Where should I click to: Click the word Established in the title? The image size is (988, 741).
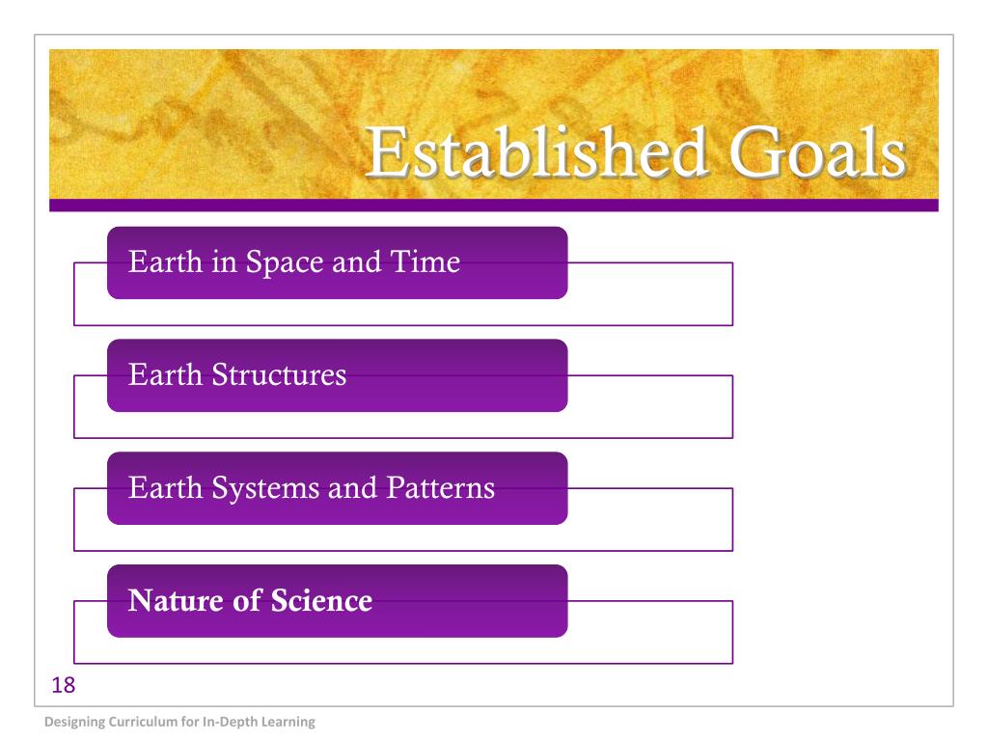pos(536,151)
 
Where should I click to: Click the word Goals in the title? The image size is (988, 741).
pos(818,151)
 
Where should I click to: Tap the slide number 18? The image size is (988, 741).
pos(63,685)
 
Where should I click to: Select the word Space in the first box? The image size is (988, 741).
pos(284,262)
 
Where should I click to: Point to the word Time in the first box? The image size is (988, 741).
pos(425,261)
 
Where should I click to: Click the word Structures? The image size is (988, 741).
pos(279,374)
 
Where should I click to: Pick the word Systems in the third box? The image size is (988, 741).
pos(265,488)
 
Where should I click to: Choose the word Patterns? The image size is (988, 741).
pos(440,487)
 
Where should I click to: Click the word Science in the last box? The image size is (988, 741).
pos(321,600)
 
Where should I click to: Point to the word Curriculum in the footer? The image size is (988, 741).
pos(143,722)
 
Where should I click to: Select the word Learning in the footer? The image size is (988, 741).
pos(288,722)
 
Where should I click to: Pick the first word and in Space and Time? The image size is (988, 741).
pos(357,261)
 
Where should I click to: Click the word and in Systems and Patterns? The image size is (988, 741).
pos(353,487)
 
